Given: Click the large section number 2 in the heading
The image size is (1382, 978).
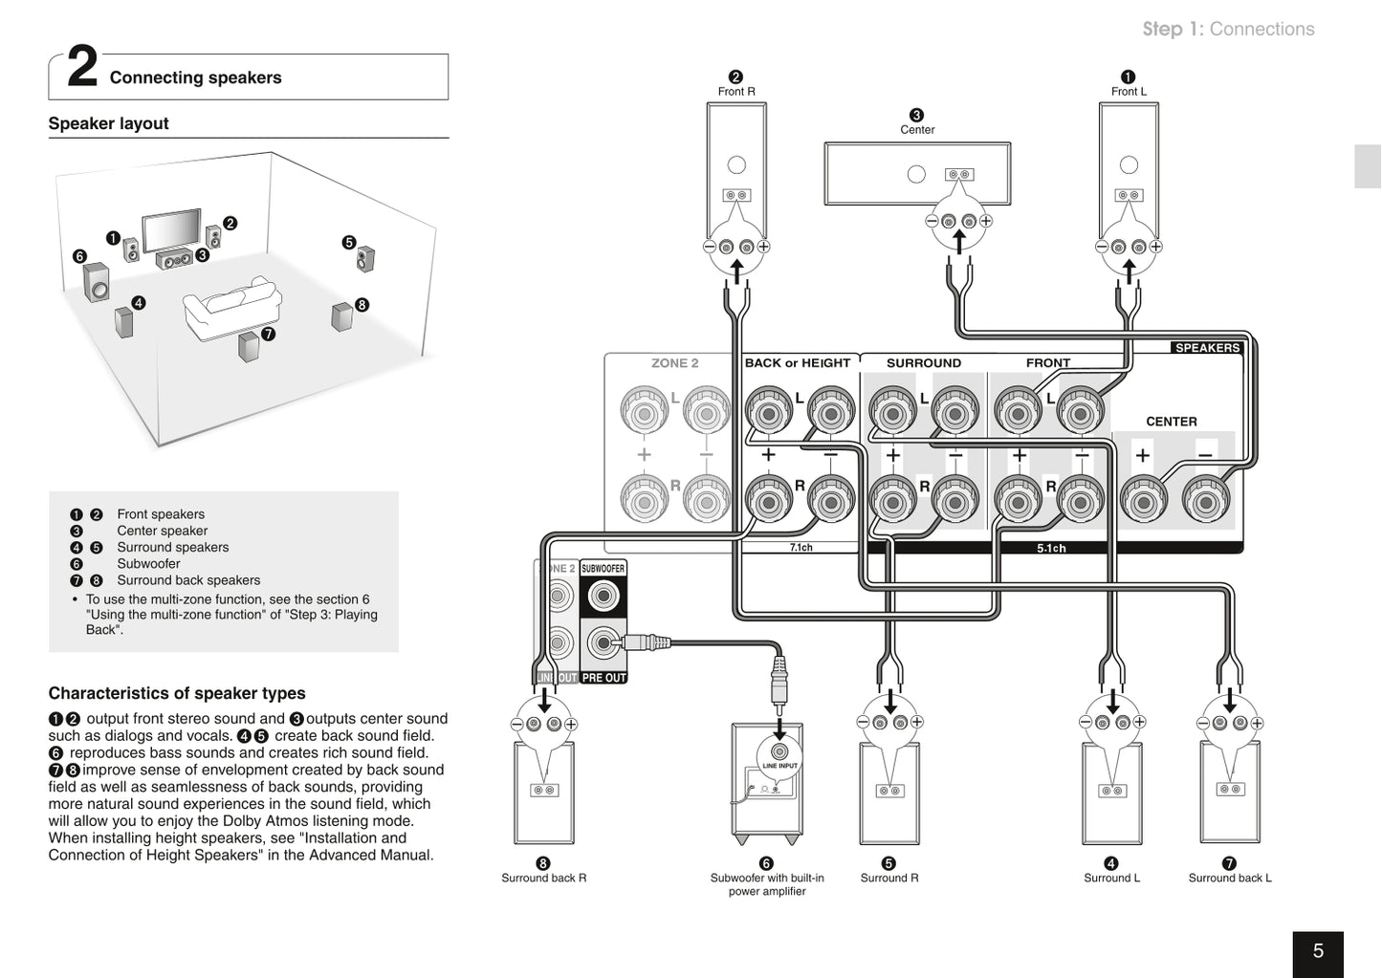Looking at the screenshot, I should (82, 69).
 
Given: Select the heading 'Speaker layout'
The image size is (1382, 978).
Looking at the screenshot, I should (108, 123).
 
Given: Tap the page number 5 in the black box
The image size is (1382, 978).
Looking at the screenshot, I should (1318, 951).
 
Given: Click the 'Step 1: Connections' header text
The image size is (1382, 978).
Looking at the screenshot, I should (1228, 29).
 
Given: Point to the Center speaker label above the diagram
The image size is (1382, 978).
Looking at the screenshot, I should (917, 129).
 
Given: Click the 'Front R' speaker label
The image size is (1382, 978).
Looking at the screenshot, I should (736, 92).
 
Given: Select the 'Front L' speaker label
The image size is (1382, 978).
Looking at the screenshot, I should (1129, 92).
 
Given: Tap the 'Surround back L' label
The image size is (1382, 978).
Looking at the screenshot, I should (1230, 878).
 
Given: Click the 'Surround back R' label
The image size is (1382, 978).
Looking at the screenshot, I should (543, 878).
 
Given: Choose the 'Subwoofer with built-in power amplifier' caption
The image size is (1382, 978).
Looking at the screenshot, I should (767, 884).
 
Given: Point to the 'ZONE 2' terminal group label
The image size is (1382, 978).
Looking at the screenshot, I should (674, 363).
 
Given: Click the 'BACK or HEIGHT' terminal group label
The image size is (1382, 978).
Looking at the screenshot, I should (797, 363).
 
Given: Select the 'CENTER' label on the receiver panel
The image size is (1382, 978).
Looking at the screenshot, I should (1171, 422).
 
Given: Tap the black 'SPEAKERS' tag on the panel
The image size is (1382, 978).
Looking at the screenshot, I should (1207, 348).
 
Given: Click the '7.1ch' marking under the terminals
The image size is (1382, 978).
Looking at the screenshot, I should (801, 548).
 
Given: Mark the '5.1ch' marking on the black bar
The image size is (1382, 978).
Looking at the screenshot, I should (1051, 548).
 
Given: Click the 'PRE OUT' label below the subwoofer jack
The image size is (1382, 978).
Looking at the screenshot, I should (603, 678).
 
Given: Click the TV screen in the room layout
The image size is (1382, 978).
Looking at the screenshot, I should (172, 228).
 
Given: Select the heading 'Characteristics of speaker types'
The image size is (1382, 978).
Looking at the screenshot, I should (177, 693).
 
